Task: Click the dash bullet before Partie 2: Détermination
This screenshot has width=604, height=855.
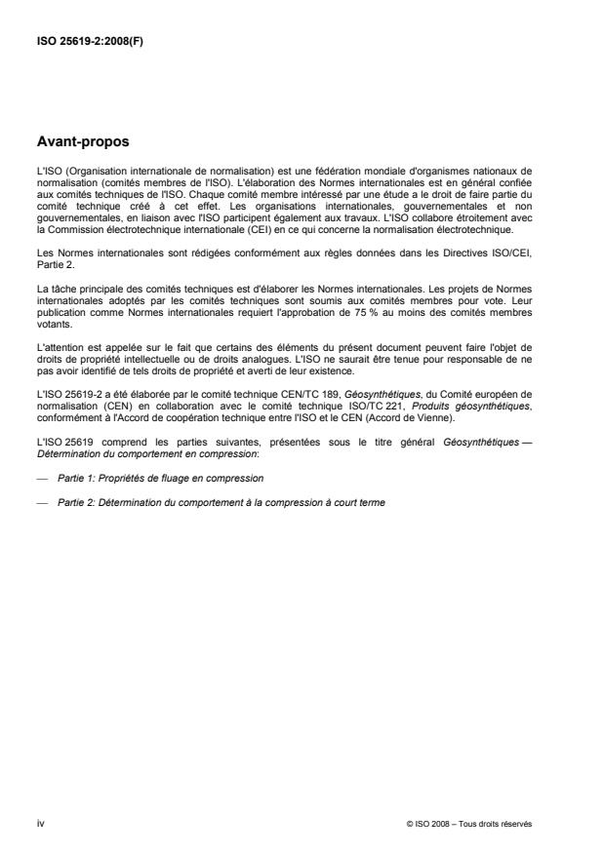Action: click(42, 501)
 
